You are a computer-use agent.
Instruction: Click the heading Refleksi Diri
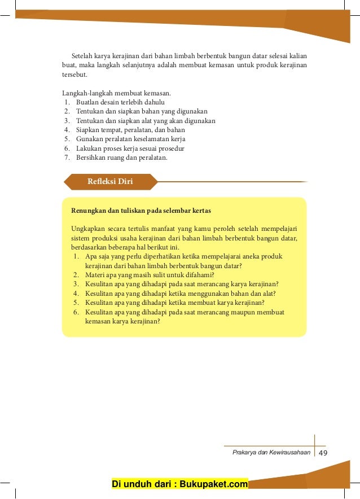pyautogui.click(x=110, y=181)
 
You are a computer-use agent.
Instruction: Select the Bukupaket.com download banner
pyautogui.click(x=180, y=484)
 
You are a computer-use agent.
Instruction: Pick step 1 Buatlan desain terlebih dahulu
pyautogui.click(x=120, y=102)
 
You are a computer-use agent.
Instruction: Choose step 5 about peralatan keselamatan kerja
pyautogui.click(x=130, y=139)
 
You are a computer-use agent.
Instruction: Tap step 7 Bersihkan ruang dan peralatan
pyautogui.click(x=121, y=157)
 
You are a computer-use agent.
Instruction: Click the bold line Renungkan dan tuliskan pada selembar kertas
pyautogui.click(x=141, y=211)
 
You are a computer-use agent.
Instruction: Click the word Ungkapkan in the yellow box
pyautogui.click(x=86, y=229)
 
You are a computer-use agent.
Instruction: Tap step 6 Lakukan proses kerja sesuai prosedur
pyautogui.click(x=130, y=148)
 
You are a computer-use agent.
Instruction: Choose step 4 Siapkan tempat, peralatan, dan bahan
pyautogui.click(x=130, y=130)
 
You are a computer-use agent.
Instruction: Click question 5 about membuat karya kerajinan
pyautogui.click(x=174, y=303)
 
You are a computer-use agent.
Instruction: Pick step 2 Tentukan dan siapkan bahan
pyautogui.click(x=142, y=111)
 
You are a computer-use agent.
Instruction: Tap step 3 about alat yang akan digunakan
pyautogui.click(x=146, y=121)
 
